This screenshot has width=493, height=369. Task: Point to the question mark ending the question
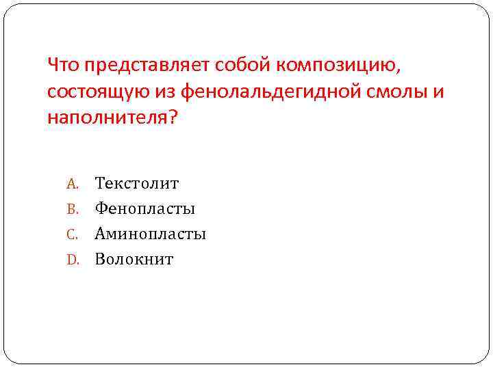click(x=171, y=118)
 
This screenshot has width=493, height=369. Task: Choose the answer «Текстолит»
click(x=137, y=183)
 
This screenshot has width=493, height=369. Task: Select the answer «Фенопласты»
click(x=145, y=208)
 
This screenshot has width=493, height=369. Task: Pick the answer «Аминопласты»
click(x=151, y=234)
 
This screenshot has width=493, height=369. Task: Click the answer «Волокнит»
click(x=134, y=259)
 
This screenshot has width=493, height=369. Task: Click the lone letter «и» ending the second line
click(x=439, y=92)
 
